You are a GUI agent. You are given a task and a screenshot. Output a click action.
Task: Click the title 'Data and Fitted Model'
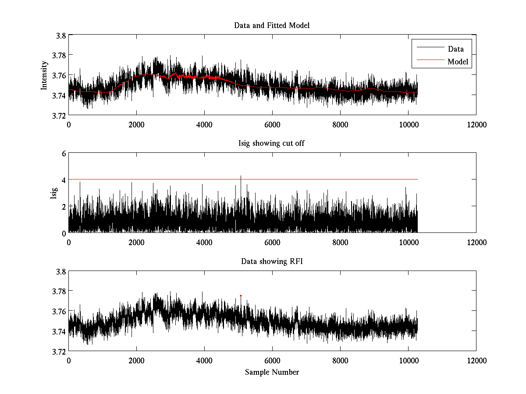(x=272, y=25)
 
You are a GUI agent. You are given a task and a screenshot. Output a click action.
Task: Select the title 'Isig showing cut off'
(x=272, y=144)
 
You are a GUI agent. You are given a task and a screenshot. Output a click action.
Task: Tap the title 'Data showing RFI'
(x=272, y=262)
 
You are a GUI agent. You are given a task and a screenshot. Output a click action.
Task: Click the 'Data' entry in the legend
(x=455, y=49)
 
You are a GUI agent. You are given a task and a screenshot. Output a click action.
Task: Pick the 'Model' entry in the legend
(x=458, y=62)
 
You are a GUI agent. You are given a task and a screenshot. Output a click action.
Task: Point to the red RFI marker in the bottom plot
(x=241, y=295)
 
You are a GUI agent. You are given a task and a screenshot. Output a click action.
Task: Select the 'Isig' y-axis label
(x=53, y=193)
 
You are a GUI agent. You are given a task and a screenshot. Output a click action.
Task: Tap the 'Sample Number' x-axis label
(x=272, y=372)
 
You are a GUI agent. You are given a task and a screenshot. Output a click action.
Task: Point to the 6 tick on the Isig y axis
(x=64, y=153)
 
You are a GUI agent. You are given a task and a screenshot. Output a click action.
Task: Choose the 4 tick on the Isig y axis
(x=64, y=179)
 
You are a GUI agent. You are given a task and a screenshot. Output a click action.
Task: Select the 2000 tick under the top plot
(x=136, y=125)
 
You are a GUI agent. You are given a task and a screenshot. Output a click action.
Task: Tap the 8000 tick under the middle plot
(x=340, y=243)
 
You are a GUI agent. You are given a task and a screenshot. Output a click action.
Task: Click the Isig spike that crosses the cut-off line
(x=241, y=177)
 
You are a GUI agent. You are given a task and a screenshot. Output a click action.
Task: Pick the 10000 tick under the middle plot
(x=408, y=243)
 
